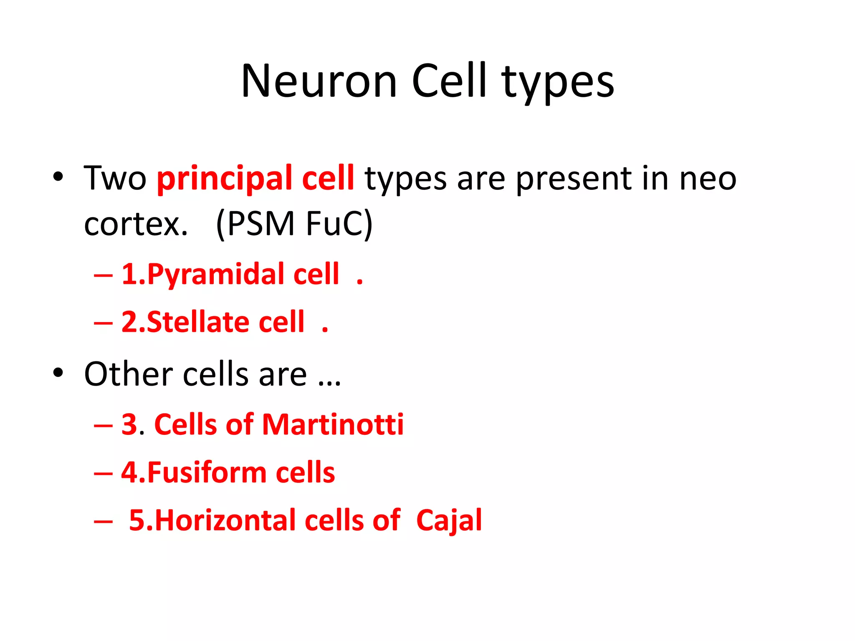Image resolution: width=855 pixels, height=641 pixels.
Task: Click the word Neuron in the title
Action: [x=319, y=81]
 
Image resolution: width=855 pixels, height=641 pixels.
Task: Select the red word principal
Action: [x=224, y=178]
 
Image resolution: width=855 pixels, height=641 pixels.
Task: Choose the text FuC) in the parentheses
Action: [x=339, y=224]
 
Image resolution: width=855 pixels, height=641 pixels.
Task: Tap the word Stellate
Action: [x=198, y=322]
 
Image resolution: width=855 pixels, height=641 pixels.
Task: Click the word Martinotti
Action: [x=333, y=424]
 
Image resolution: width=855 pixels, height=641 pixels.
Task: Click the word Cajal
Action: [x=449, y=520]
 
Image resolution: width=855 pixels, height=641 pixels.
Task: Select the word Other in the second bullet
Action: [x=129, y=374]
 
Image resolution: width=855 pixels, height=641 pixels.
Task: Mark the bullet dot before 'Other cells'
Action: [x=58, y=372]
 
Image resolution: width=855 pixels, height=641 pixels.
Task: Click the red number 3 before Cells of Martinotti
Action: [x=130, y=425]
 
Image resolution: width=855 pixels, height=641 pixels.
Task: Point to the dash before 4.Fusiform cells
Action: [x=104, y=474]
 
